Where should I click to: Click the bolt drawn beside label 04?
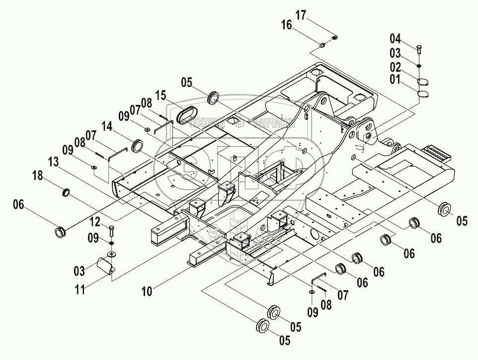(419, 49)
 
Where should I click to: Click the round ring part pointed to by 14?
(137, 146)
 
